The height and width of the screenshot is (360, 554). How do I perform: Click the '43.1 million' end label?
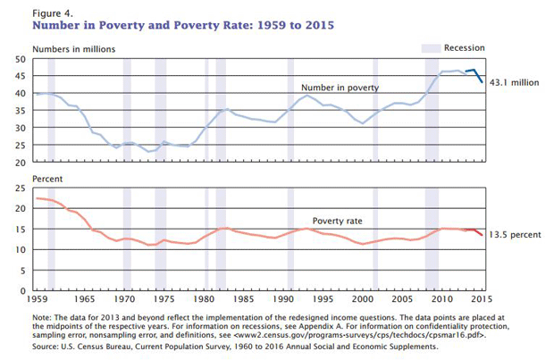click(x=516, y=82)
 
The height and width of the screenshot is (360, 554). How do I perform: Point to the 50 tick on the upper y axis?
click(x=20, y=58)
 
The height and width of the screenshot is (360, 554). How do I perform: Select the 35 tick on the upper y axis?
click(x=20, y=111)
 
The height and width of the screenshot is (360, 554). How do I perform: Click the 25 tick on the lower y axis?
click(x=20, y=188)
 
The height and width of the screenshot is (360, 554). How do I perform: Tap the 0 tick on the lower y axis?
click(x=22, y=291)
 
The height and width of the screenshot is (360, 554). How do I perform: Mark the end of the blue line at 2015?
click(x=483, y=82)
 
